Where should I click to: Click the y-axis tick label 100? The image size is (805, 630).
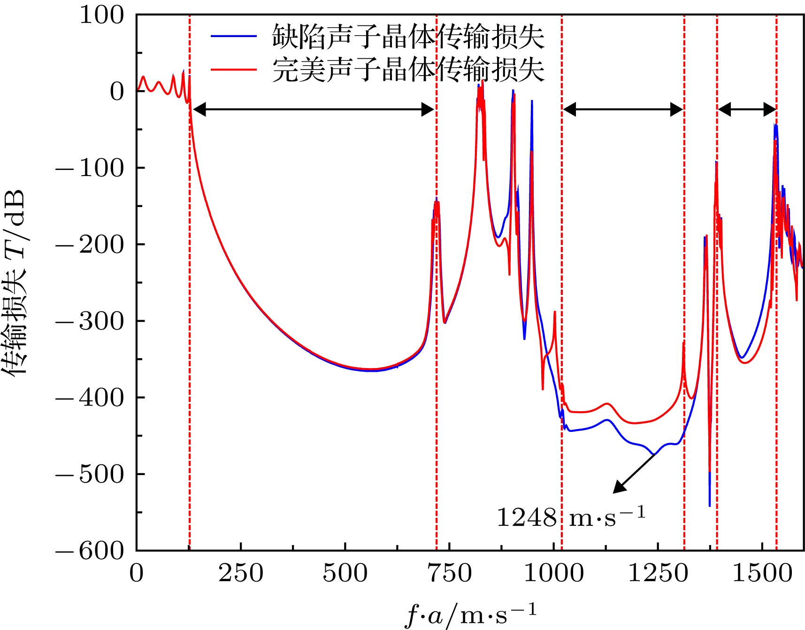pyautogui.click(x=101, y=15)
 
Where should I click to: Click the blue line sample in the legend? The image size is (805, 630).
pyautogui.click(x=233, y=37)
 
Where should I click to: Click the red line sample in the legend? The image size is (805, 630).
pyautogui.click(x=233, y=70)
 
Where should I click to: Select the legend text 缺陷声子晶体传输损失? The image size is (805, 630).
pyautogui.click(x=408, y=37)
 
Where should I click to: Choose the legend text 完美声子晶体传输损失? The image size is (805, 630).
pyautogui.click(x=408, y=70)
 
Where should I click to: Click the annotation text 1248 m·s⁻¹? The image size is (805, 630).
pyautogui.click(x=571, y=517)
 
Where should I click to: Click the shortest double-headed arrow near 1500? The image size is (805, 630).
pyautogui.click(x=747, y=110)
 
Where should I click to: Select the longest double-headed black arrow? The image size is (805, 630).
pyautogui.click(x=313, y=110)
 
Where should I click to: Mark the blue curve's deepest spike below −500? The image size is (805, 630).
pyautogui.click(x=709, y=505)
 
